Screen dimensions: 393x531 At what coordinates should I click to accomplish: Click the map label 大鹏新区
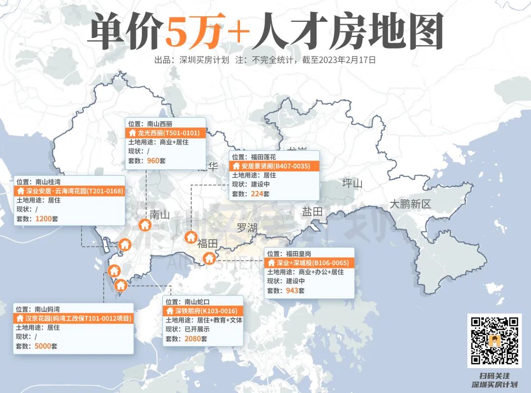point(410,204)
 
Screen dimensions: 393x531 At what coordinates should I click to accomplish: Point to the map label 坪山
point(352,184)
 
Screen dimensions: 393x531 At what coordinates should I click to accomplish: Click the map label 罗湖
point(247,228)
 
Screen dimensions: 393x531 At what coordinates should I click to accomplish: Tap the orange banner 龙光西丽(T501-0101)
point(166,133)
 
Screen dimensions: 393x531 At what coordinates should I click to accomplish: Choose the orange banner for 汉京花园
point(74,319)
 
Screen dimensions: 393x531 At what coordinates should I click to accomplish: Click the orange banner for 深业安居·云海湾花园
point(70,191)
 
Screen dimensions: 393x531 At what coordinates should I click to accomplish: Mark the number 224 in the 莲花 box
point(256,194)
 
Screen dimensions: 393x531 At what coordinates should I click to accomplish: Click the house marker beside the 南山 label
point(145,225)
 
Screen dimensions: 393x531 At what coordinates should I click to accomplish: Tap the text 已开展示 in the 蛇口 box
point(197,329)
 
